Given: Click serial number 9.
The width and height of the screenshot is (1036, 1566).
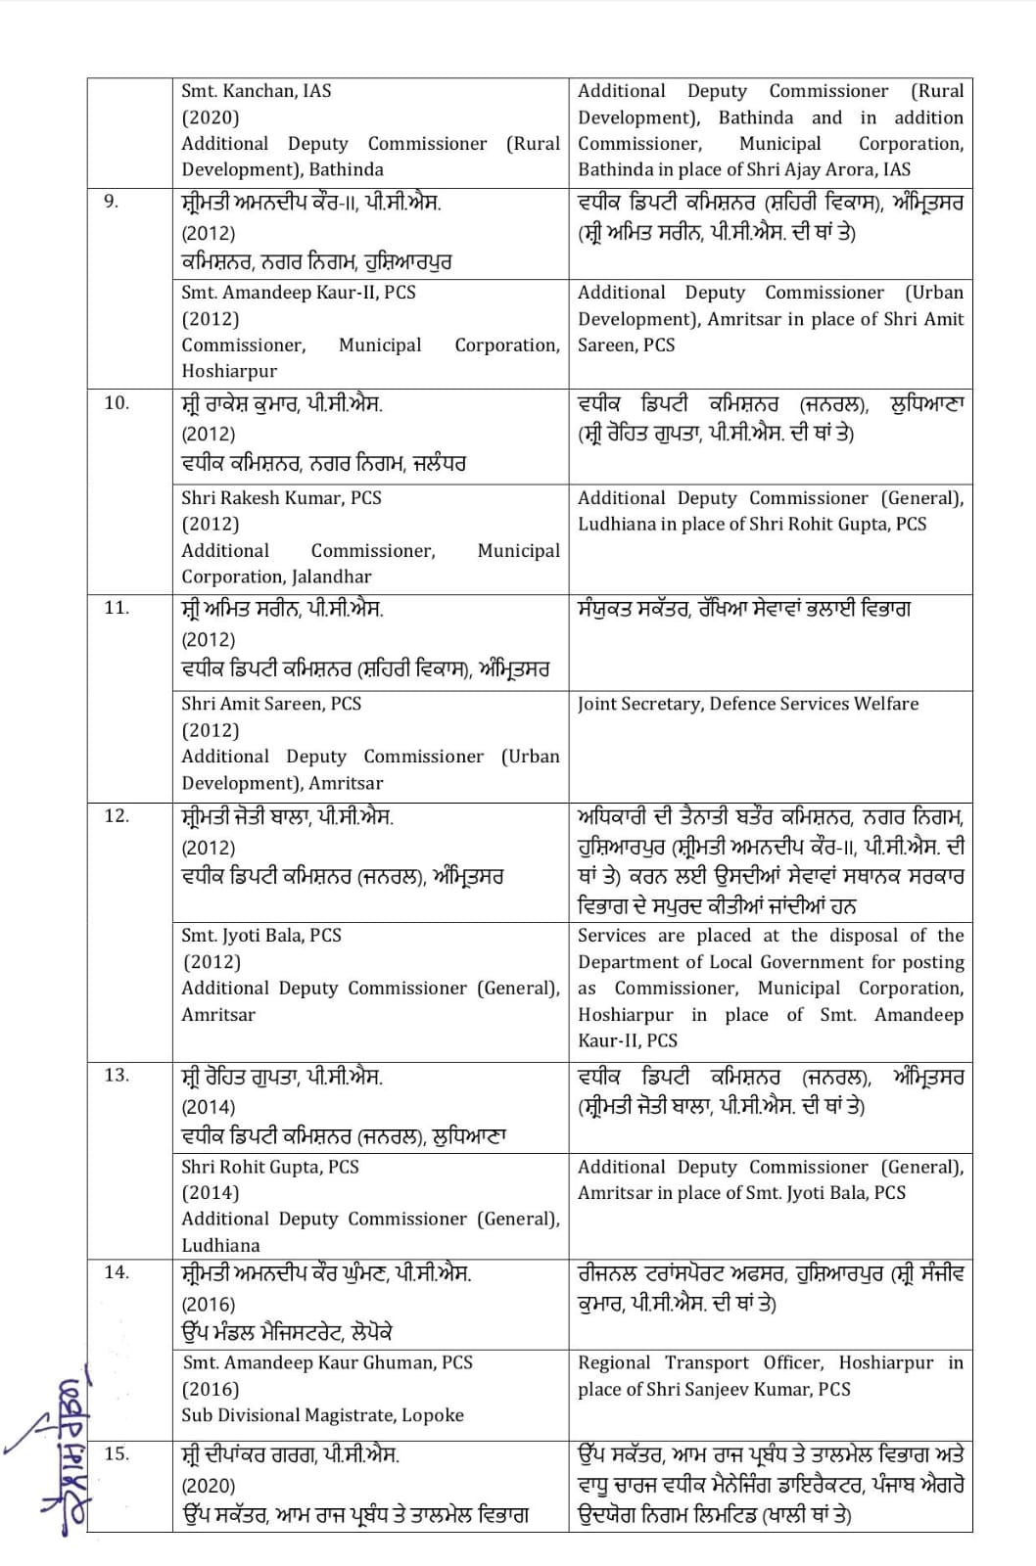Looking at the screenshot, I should coord(111,202).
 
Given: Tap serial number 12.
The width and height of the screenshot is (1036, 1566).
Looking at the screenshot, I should coord(116,815).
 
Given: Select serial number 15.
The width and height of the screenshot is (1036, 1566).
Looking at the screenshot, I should coord(116,1453).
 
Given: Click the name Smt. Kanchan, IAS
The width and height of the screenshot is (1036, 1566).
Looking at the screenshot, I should coord(257,91).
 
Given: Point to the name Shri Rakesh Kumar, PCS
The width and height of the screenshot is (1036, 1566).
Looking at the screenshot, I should coord(281,497).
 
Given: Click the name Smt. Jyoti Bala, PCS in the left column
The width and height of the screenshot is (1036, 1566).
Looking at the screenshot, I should coord(261,936).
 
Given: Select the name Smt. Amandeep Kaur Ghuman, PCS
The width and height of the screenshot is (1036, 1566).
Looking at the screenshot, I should coord(328,1362).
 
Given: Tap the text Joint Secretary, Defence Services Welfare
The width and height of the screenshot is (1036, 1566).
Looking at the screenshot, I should coord(748,704).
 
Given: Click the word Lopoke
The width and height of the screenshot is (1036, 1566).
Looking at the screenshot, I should coord(432,1415).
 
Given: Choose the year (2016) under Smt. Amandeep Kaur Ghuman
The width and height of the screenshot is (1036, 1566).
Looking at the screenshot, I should coord(211,1389).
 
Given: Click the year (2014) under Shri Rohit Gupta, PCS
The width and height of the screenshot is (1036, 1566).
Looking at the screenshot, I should coord(211,1192).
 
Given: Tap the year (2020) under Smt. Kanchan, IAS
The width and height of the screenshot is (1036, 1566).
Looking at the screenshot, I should coord(211,117).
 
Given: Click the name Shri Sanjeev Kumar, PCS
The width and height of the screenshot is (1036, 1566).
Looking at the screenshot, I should coord(759,1389).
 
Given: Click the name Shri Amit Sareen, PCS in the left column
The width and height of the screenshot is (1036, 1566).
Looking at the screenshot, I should coord(271,704).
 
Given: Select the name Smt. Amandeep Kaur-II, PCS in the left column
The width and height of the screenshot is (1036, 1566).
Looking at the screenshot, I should coord(299,292).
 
